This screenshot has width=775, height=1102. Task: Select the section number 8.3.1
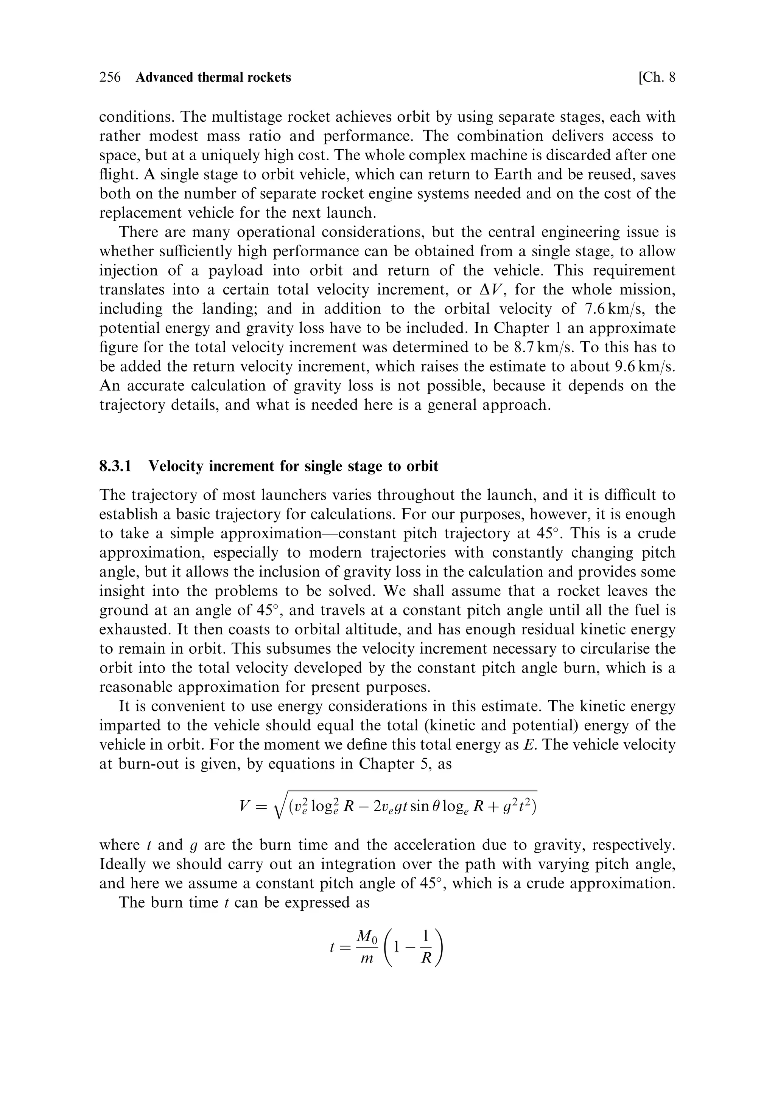[x=115, y=466]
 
